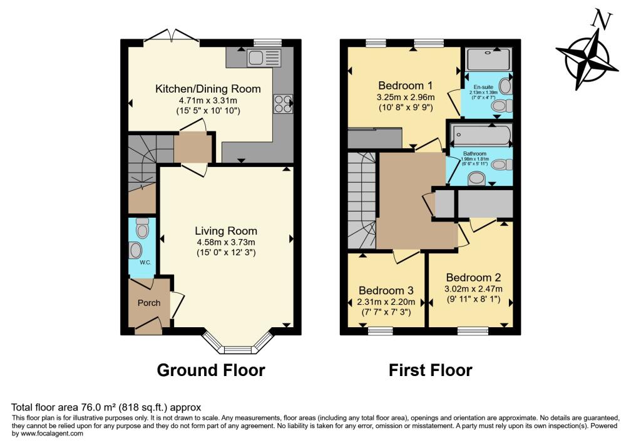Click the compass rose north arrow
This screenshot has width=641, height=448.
587,55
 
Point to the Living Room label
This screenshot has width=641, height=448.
225,231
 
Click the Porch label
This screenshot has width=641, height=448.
149,303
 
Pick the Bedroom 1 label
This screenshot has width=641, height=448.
405,85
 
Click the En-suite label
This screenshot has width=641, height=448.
482,86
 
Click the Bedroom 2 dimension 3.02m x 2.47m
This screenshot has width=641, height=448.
473,289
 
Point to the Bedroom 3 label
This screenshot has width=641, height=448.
386,290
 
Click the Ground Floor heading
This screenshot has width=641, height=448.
210,370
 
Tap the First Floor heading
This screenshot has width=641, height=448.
430,370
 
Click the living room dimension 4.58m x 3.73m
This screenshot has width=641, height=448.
225,242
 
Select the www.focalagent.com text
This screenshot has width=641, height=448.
48,434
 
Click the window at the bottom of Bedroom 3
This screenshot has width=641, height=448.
380,332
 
